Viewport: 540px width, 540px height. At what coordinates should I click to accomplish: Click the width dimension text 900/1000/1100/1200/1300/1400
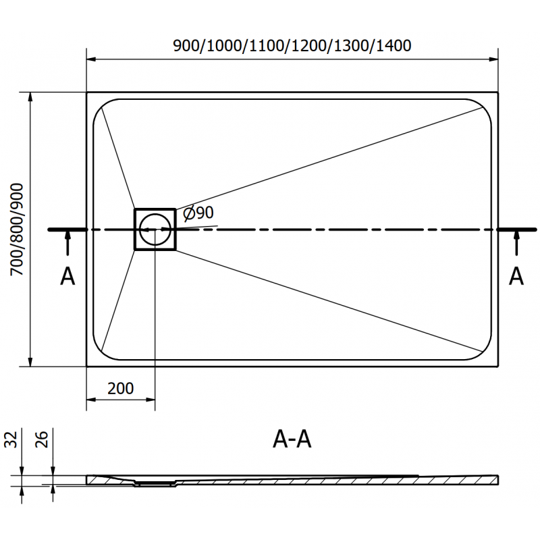pyautogui.click(x=292, y=46)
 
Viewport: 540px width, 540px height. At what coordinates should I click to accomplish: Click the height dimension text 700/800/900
pyautogui.click(x=17, y=229)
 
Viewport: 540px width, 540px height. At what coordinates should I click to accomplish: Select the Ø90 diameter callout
pyautogui.click(x=198, y=213)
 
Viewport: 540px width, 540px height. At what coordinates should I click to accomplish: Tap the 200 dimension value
pyautogui.click(x=120, y=388)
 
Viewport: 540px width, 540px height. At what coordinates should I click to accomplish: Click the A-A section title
pyautogui.click(x=292, y=440)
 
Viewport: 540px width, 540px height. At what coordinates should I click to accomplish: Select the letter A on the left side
pyautogui.click(x=67, y=276)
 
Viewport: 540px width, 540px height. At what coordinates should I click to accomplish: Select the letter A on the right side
pyautogui.click(x=516, y=276)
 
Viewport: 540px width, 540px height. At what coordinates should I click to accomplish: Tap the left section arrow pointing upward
pyautogui.click(x=67, y=243)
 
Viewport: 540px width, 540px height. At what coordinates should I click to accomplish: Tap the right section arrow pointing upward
pyautogui.click(x=516, y=243)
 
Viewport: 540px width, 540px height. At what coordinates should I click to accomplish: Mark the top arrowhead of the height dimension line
pyautogui.click(x=30, y=97)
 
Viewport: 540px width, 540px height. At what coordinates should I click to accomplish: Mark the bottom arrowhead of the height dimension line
pyautogui.click(x=30, y=362)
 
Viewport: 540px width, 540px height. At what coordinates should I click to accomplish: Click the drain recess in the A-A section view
pyautogui.click(x=155, y=483)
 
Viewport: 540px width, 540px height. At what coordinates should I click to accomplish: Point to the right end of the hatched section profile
pyautogui.click(x=498, y=478)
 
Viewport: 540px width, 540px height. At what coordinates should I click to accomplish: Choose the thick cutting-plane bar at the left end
pyautogui.click(x=67, y=230)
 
